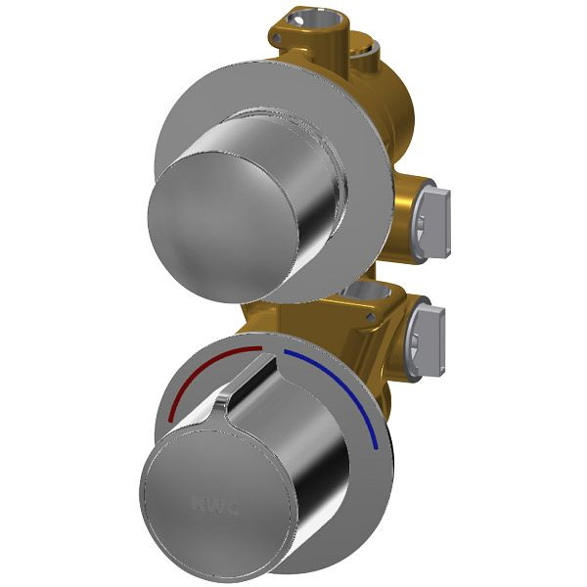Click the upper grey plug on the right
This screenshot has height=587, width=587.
coord(435,210)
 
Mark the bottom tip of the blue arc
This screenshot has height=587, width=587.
coord(377,447)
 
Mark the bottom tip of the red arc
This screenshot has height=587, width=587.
coord(171,421)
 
